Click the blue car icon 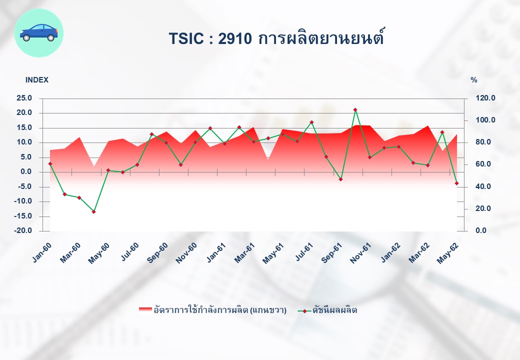39,33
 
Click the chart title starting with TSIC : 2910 276,37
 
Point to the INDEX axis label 37,80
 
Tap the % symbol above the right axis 474,80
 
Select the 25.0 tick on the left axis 24,98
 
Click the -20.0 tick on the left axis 23,230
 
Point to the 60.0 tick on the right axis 483,164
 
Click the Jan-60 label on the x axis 42,252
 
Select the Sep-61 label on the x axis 331,252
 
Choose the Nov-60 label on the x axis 186,252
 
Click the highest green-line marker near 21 355,109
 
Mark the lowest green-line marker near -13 94,211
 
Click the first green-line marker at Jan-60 50,164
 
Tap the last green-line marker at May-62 456,183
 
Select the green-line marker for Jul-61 311,122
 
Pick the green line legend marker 304,311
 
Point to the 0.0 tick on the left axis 26,171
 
